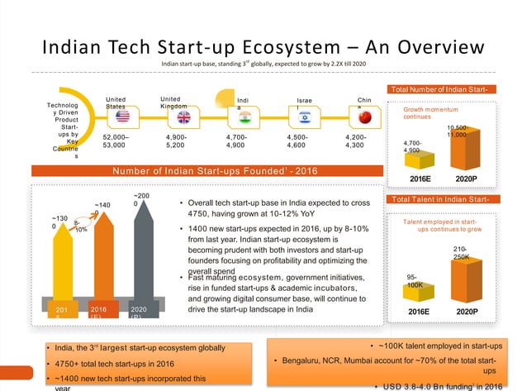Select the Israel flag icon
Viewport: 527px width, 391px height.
coord(304,118)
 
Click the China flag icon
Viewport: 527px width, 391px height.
coord(364,117)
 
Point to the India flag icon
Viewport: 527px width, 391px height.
coord(242,117)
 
